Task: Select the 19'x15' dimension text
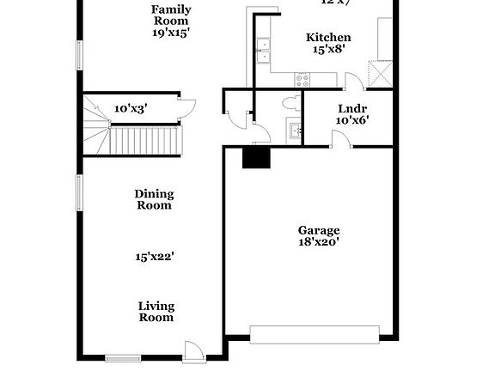(x=171, y=32)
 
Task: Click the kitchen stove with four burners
(x=302, y=79)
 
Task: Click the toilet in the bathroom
(x=290, y=104)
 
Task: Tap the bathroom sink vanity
(x=295, y=131)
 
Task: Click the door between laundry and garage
(x=342, y=139)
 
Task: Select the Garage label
(x=319, y=229)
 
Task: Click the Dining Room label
(x=153, y=199)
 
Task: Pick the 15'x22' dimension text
(x=156, y=255)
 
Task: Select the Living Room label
(x=156, y=311)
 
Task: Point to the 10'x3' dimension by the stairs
(x=131, y=108)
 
